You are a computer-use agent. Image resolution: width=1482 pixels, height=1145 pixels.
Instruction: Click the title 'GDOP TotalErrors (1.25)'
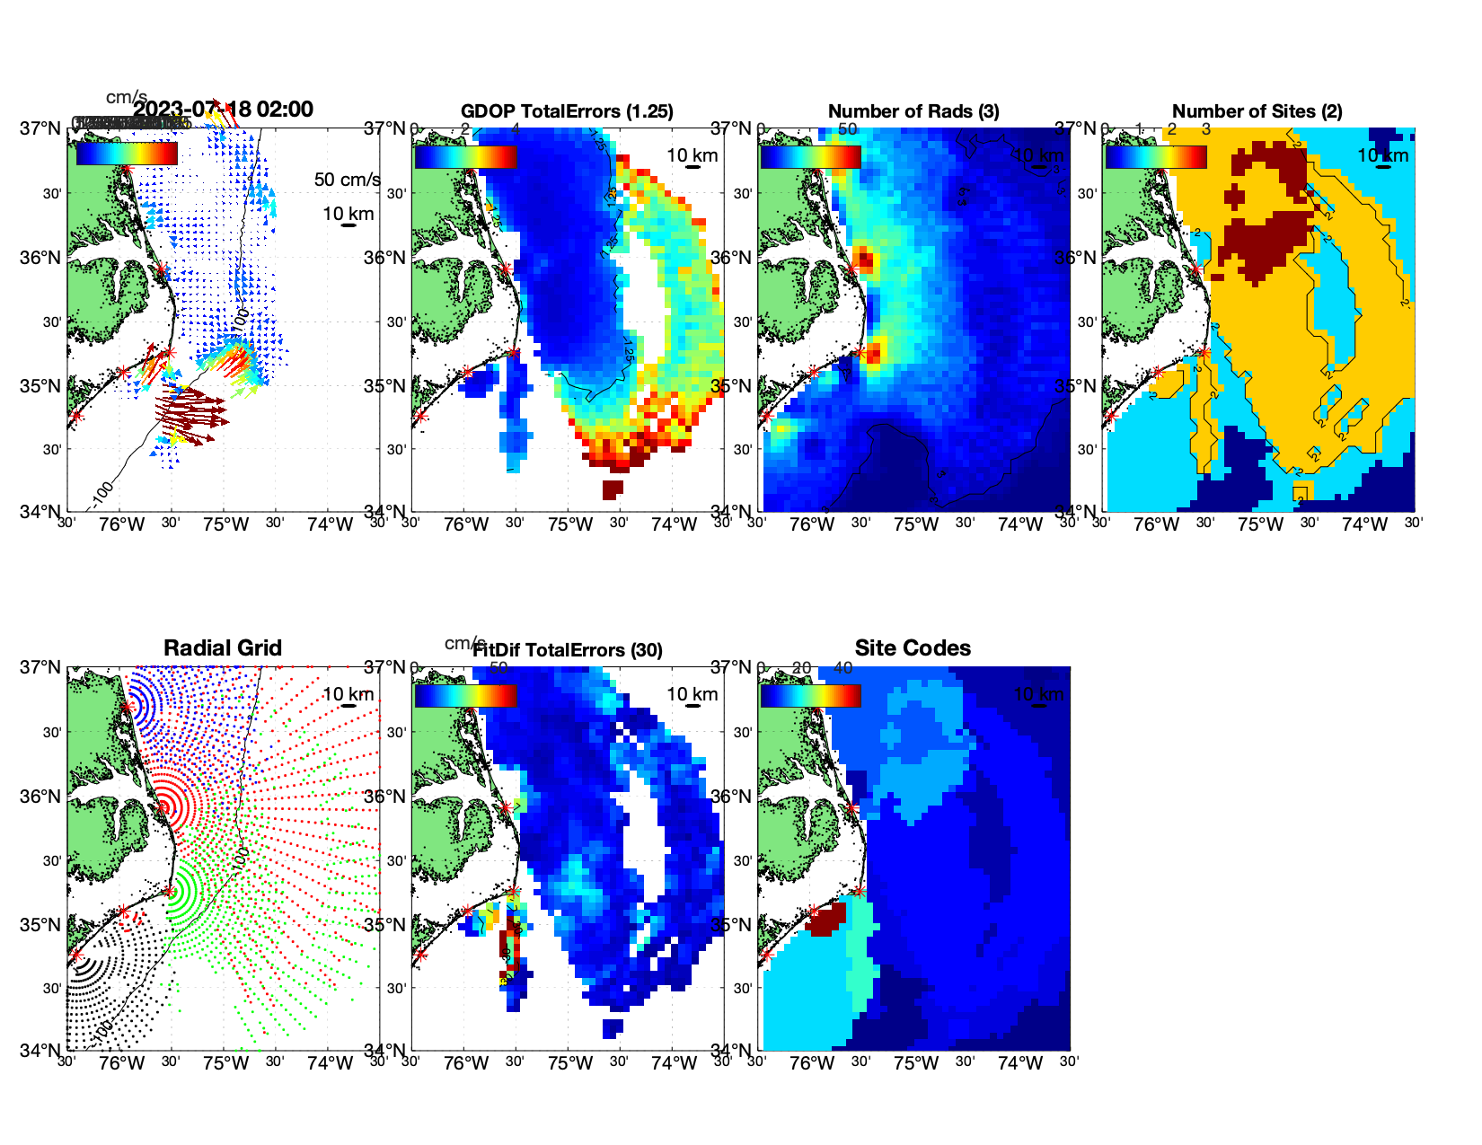[567, 111]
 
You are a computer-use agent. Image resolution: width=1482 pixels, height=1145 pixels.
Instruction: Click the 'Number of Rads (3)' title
[913, 111]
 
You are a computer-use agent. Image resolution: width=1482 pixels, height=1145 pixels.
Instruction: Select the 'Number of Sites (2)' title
[1257, 111]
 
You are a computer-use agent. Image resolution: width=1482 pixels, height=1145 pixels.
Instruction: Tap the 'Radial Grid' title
[223, 648]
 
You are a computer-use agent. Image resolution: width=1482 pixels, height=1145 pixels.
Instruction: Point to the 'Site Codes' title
[913, 648]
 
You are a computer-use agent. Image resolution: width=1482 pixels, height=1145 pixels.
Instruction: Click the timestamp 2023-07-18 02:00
[224, 110]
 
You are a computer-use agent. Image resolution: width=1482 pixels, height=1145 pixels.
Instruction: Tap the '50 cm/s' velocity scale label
[347, 180]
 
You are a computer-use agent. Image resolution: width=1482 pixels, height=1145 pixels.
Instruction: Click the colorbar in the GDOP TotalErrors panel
[465, 156]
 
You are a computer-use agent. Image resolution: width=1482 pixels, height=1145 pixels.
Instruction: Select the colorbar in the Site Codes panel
[810, 695]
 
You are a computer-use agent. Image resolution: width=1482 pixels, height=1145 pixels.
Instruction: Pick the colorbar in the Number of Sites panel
[1155, 156]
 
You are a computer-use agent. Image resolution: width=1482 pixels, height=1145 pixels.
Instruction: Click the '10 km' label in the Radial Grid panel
[348, 694]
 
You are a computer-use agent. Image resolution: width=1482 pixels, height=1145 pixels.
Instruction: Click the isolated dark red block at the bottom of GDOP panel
[612, 489]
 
